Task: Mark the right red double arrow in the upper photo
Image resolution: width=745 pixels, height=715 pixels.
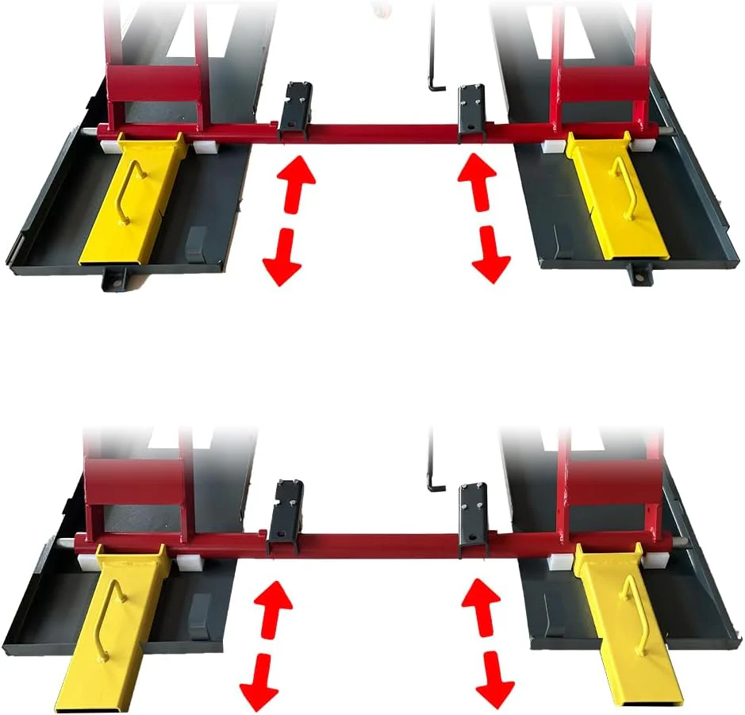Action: point(483,218)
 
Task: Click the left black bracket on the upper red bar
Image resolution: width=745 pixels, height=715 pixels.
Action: point(294,107)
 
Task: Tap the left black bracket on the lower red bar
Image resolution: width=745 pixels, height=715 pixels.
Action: point(285,517)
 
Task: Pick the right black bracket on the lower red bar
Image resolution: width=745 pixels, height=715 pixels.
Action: point(475,517)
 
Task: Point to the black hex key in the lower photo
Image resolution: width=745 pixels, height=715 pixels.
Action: point(433,468)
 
